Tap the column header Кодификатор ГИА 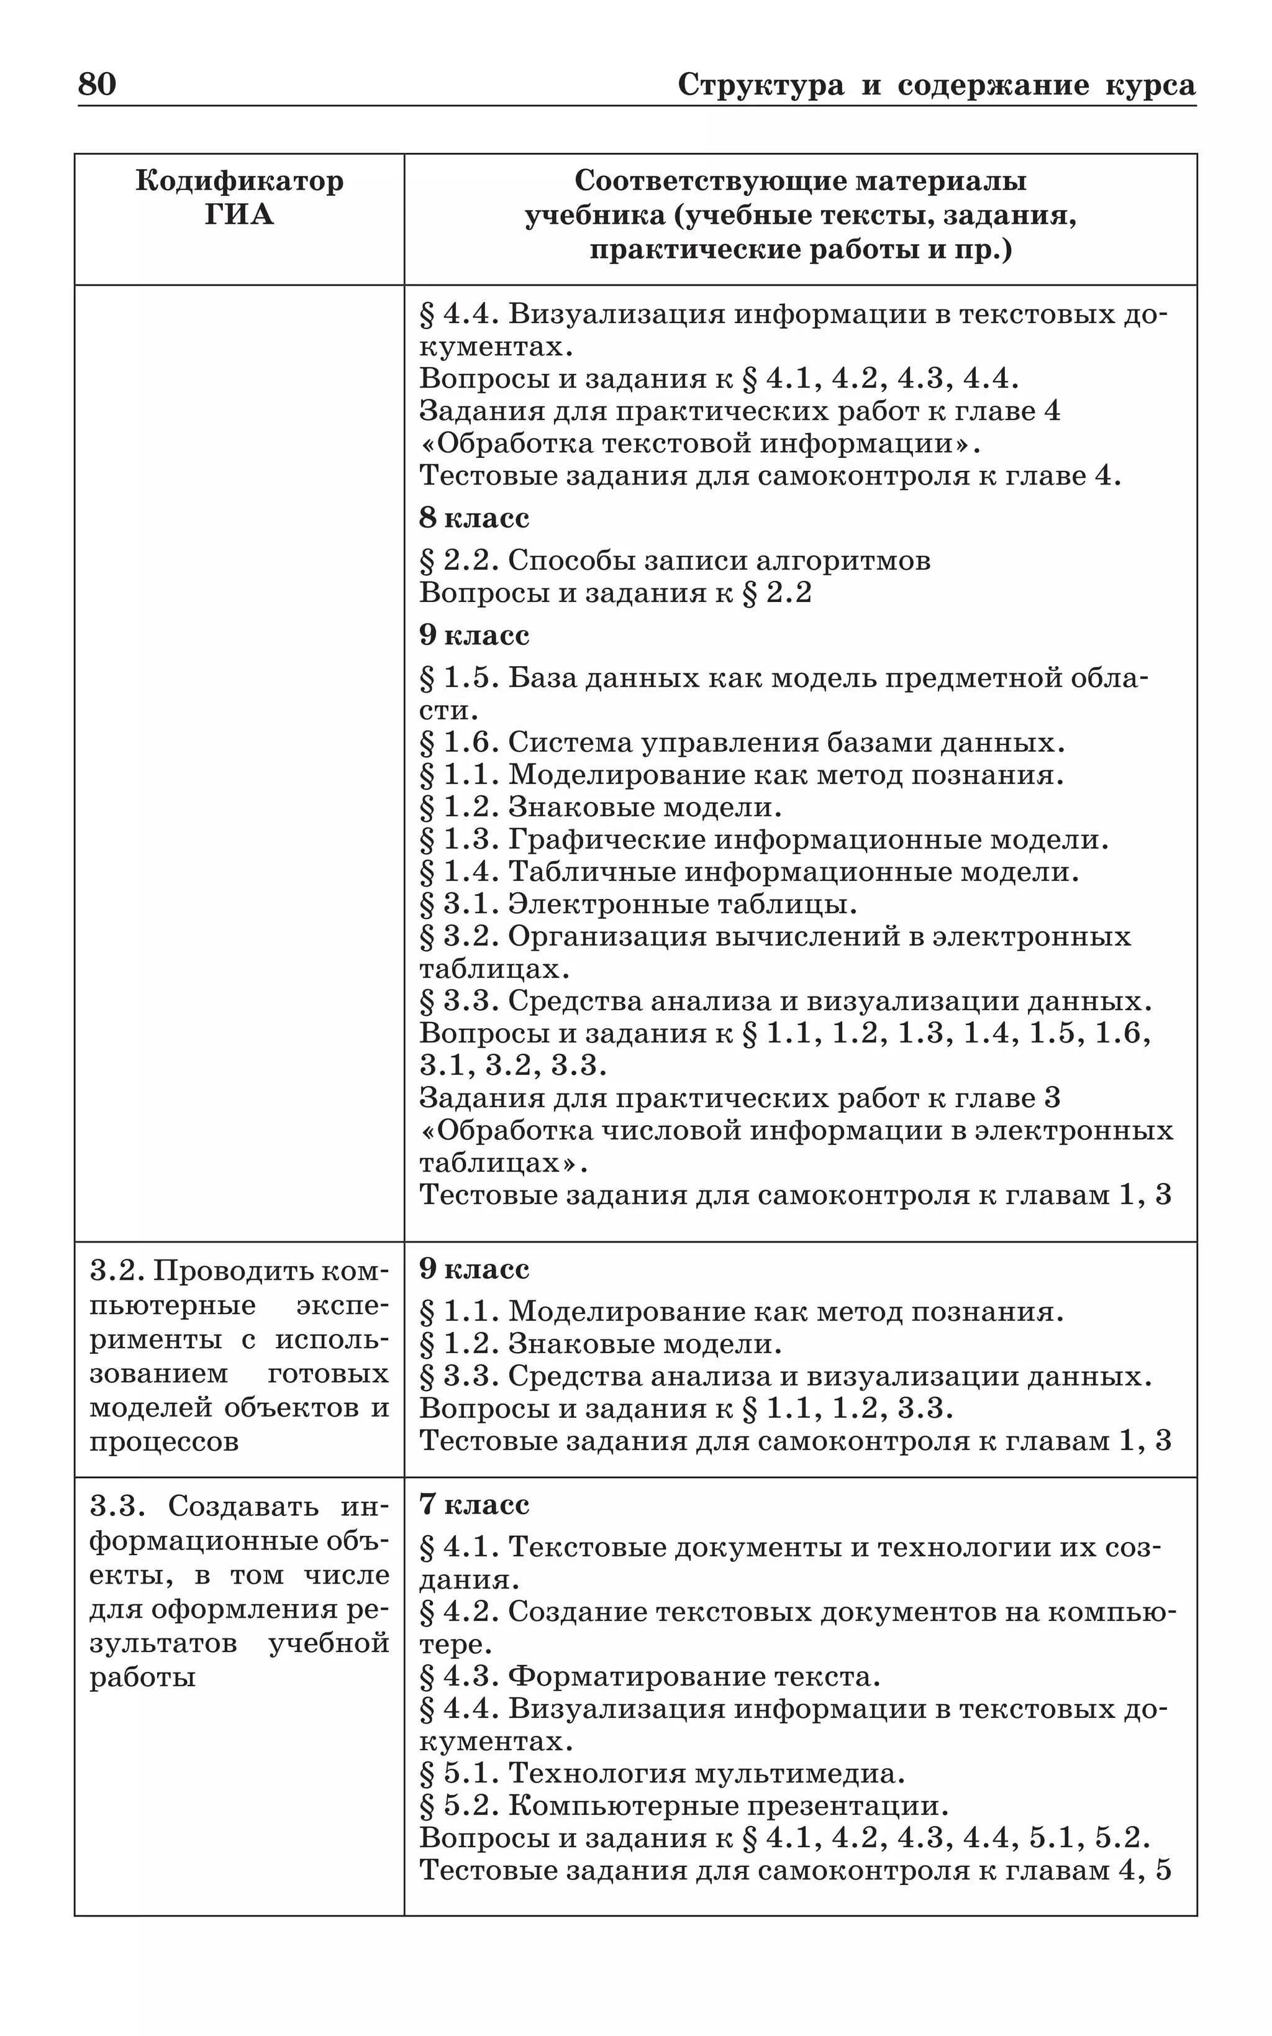coord(239,198)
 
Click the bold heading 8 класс coord(475,518)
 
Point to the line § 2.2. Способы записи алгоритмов coord(675,560)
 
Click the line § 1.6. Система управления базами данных coord(742,743)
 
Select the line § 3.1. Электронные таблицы coord(638,905)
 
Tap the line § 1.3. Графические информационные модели coord(764,839)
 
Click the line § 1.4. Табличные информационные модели coord(749,872)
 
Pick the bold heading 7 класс coord(475,1504)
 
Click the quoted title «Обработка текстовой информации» coord(700,444)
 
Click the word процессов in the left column coord(164,1442)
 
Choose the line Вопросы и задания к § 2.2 coord(615,593)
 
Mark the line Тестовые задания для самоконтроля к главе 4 coord(770,476)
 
